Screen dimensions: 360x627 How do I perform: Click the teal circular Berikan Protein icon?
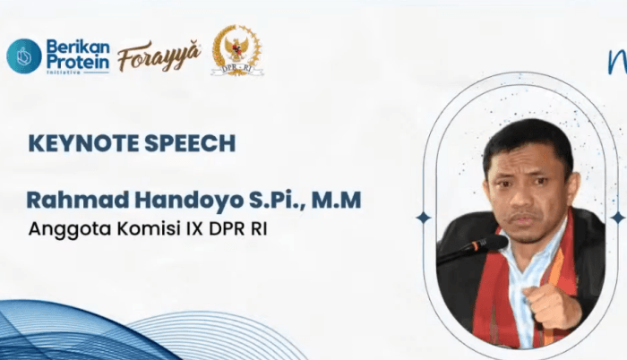click(x=24, y=56)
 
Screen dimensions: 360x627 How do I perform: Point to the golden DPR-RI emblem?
click(x=236, y=49)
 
